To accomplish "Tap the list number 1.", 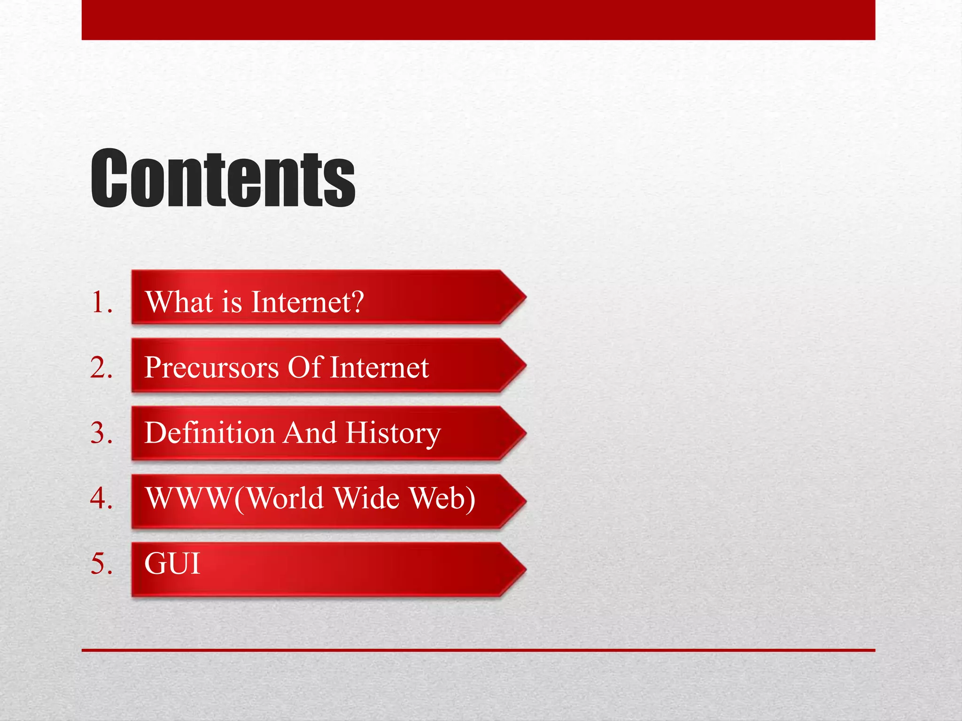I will point(101,301).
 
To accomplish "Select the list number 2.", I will point(101,367).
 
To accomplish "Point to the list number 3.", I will point(101,432).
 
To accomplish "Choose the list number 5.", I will point(101,563).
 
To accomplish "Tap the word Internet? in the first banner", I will point(307,301).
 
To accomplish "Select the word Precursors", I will point(211,367).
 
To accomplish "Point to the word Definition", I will point(209,432).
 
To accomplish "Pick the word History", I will point(393,432).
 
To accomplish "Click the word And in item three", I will point(310,432).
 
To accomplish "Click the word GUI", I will point(172,563).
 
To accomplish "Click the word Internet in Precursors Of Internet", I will point(380,367).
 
